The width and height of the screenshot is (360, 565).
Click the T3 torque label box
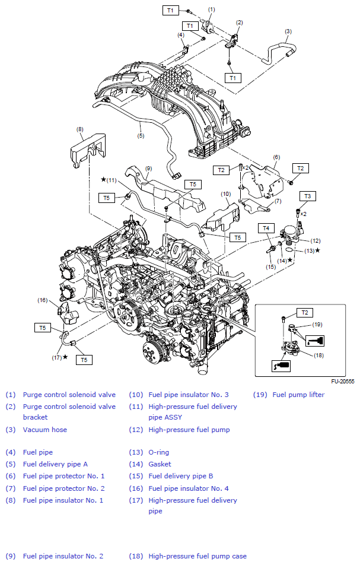click(307, 196)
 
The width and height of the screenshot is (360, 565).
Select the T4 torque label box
click(266, 228)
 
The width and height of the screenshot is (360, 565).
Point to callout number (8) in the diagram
click(80, 129)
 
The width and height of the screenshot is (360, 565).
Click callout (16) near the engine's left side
click(42, 300)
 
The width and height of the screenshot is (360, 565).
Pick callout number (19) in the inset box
click(317, 325)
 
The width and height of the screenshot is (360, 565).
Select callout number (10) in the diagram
click(225, 193)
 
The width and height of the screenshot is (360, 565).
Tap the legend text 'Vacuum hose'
click(44, 429)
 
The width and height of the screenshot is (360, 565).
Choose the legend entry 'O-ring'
click(158, 452)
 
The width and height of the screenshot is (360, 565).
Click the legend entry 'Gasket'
click(160, 464)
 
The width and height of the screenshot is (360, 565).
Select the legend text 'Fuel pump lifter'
click(298, 395)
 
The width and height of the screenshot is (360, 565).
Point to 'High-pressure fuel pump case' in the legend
click(197, 556)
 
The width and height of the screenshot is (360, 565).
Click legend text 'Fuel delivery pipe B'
click(180, 476)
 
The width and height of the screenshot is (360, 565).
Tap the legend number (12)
click(135, 429)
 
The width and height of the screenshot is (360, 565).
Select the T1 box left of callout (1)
click(171, 10)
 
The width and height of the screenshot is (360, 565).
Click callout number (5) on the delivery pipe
click(141, 135)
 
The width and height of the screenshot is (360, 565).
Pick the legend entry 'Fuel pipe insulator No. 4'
click(189, 488)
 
